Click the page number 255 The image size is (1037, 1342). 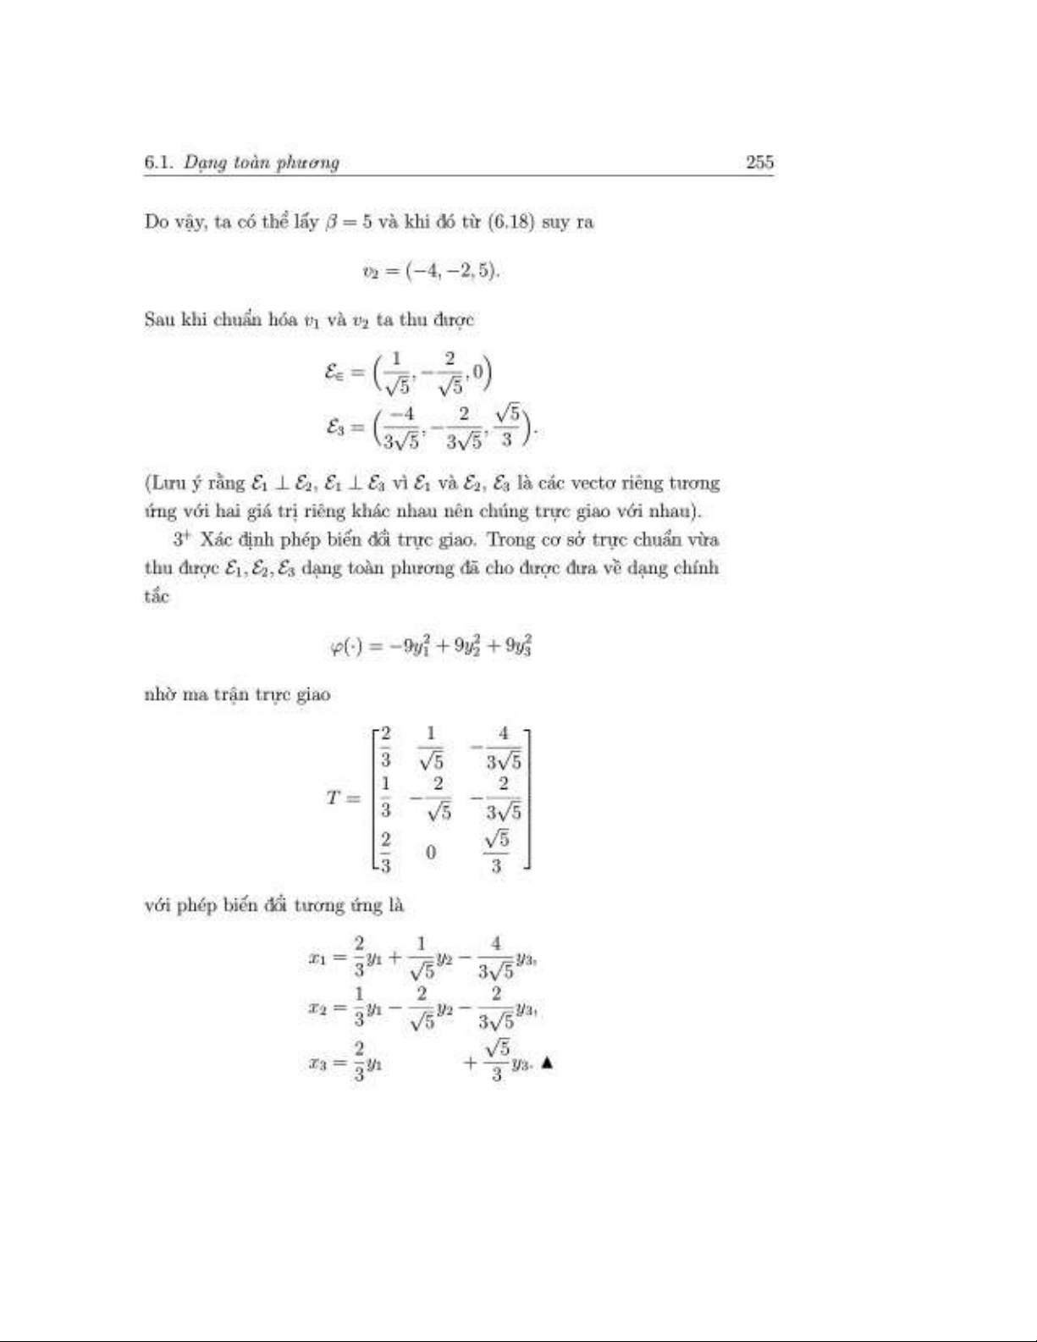(759, 163)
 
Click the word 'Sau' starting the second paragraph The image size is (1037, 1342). (159, 320)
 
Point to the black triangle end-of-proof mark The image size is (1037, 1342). (546, 1063)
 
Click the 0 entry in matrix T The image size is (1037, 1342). (431, 853)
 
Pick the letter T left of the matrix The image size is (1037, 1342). (334, 798)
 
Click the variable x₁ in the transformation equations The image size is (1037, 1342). (317, 958)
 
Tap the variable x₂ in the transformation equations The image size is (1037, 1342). (317, 1008)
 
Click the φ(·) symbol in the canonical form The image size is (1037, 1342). (346, 647)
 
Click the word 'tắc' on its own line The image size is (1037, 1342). (157, 596)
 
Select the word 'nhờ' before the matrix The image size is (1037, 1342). (158, 695)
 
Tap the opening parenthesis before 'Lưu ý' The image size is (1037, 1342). (148, 483)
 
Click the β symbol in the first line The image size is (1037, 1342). (331, 224)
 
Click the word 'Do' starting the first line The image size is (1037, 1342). (157, 223)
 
